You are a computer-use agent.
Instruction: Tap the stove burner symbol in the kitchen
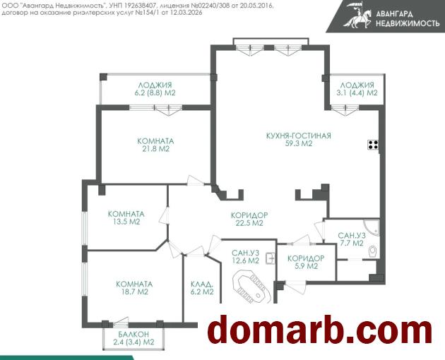[x=373, y=145]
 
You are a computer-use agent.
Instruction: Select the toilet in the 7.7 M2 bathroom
[x=373, y=251]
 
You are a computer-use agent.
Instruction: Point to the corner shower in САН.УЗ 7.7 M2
[x=372, y=227]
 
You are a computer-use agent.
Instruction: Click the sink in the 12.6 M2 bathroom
[x=270, y=258]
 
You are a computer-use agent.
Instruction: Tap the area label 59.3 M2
[x=299, y=143]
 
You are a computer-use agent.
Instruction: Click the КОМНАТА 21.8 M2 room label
[x=155, y=145]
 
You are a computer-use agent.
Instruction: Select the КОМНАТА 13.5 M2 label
[x=126, y=218]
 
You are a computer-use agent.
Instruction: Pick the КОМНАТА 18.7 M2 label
[x=134, y=288]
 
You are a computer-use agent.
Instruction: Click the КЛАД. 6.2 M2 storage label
[x=202, y=288]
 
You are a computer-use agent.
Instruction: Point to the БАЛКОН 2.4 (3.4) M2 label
[x=133, y=338]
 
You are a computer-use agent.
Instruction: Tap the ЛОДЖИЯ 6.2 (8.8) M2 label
[x=155, y=89]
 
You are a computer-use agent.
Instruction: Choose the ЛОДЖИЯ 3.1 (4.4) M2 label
[x=357, y=89]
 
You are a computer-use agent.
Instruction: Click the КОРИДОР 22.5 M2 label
[x=249, y=220]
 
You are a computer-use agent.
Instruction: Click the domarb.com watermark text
[x=319, y=330]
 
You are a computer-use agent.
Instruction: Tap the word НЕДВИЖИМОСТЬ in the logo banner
[x=408, y=23]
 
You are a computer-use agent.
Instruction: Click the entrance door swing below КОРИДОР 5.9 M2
[x=295, y=287]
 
